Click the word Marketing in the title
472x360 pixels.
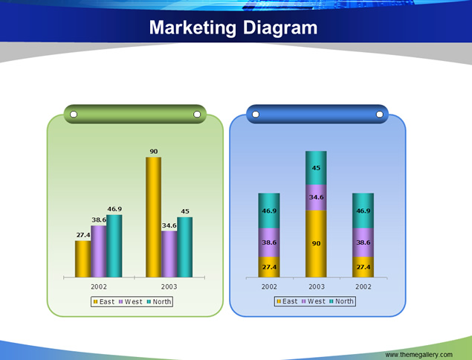point(193,28)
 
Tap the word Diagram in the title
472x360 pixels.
point(280,28)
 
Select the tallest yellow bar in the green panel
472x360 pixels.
point(154,217)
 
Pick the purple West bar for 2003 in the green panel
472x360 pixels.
point(169,254)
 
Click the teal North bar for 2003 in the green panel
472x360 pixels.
point(185,247)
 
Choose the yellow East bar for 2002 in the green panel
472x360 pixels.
point(83,259)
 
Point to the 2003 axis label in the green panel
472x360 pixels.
point(169,287)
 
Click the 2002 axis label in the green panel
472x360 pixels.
point(99,287)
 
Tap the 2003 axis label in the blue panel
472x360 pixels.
point(317,287)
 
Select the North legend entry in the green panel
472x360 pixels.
point(159,301)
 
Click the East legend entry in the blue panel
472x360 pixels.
point(287,301)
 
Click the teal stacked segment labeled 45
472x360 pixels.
point(316,168)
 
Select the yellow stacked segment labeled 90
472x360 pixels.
point(316,243)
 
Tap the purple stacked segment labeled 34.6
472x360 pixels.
point(316,197)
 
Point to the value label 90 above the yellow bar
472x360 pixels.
point(154,152)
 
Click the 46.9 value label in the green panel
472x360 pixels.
point(114,209)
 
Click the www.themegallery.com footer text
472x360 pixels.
point(418,355)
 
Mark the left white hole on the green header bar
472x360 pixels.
point(74,115)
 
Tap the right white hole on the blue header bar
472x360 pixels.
point(380,115)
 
